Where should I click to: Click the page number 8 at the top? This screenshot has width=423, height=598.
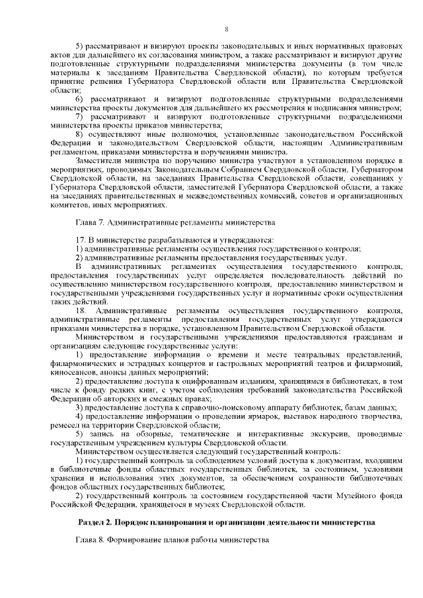(226, 29)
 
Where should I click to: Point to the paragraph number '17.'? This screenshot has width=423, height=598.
(81, 241)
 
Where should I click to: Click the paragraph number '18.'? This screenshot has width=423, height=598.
(81, 310)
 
